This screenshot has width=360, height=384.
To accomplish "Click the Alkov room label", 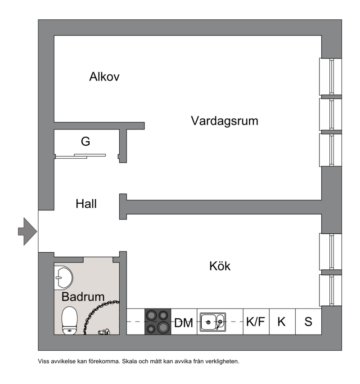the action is pyautogui.click(x=104, y=76).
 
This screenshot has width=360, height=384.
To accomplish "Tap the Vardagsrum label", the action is pyautogui.click(x=225, y=121).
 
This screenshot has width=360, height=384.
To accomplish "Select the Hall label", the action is pyautogui.click(x=86, y=204).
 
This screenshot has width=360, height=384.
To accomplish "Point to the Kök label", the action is pyautogui.click(x=220, y=266).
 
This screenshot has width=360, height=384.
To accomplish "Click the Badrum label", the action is pyautogui.click(x=83, y=297).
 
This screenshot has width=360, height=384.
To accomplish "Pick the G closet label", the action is pyautogui.click(x=85, y=141).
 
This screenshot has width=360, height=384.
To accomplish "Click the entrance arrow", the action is pyautogui.click(x=27, y=232).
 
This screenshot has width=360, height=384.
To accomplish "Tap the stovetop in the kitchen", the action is pyautogui.click(x=158, y=321).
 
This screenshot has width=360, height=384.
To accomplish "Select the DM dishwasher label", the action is pyautogui.click(x=184, y=323).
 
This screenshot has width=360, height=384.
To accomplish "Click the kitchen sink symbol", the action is pyautogui.click(x=213, y=322).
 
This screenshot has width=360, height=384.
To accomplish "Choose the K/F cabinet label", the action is pyautogui.click(x=256, y=321).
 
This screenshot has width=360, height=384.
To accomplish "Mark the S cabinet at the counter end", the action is pyautogui.click(x=308, y=321).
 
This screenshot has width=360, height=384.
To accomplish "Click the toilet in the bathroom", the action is pyautogui.click(x=70, y=320).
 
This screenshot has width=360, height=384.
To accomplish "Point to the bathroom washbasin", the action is pyautogui.click(x=63, y=278).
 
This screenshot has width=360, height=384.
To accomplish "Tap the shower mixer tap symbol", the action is pyautogui.click(x=104, y=332).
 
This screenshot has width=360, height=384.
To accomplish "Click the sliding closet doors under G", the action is pyautogui.click(x=81, y=156).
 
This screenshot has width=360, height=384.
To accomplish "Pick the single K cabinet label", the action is pyautogui.click(x=282, y=321).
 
